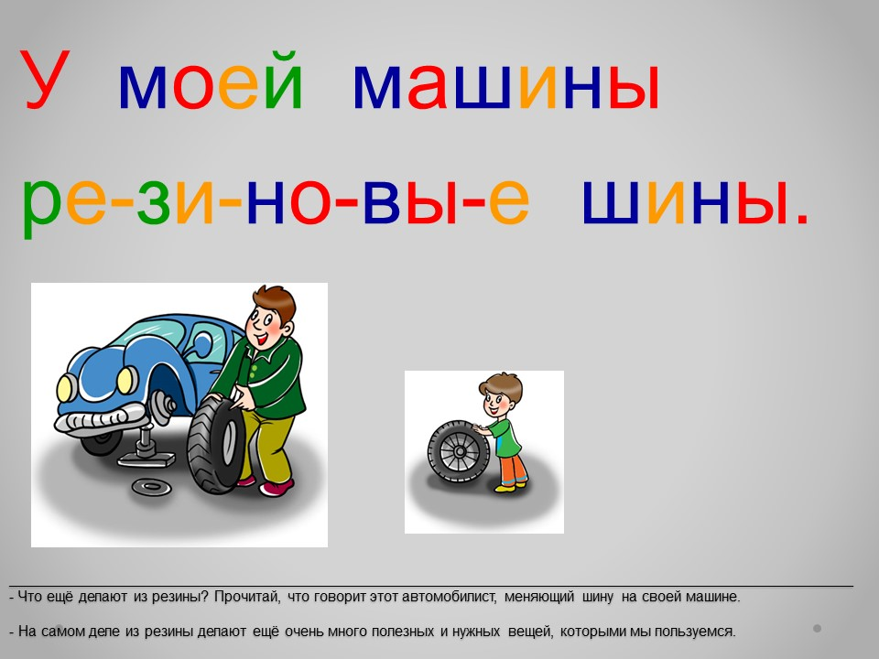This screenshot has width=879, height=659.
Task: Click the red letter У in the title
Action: pyautogui.click(x=45, y=79)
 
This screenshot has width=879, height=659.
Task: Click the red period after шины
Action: pyautogui.click(x=802, y=219)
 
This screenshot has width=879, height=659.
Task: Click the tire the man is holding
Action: pyautogui.click(x=216, y=446)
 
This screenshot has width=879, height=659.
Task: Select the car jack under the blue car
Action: pyautogui.click(x=146, y=446)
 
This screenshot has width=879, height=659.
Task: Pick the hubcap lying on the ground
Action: pyautogui.click(x=151, y=486)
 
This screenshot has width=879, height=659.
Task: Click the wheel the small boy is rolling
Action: pyautogui.click(x=459, y=452)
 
